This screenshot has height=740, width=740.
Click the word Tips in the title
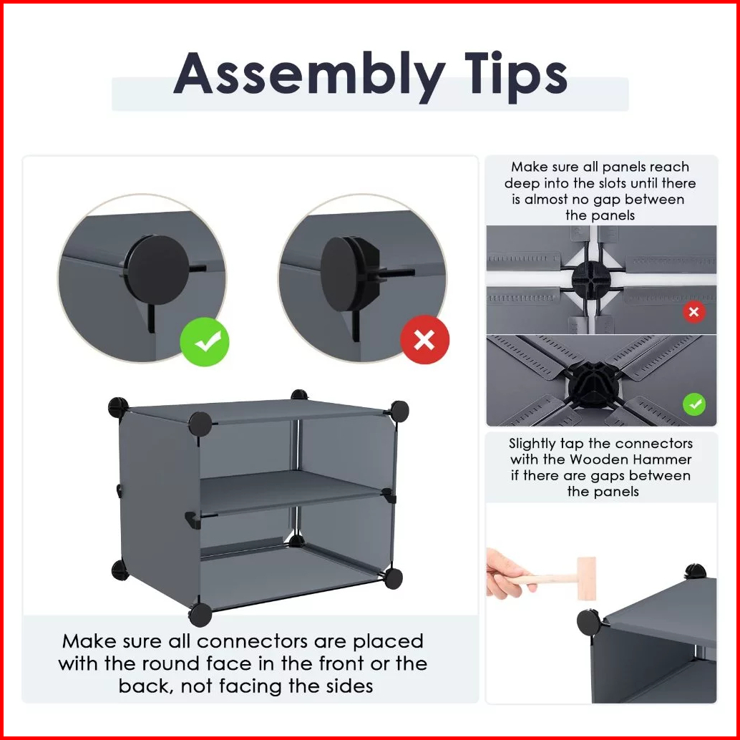(516, 76)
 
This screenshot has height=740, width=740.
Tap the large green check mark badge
(205, 341)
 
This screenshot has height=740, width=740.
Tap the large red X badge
(424, 340)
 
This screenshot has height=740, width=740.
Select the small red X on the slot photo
(693, 311)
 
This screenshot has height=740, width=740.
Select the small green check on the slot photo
(694, 404)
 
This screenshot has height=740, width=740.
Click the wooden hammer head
(587, 578)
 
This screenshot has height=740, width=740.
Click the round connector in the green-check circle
(158, 270)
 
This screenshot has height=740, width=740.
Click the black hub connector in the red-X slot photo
(591, 281)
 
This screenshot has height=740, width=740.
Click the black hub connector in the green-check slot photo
(593, 384)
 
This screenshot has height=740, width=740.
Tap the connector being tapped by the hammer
(590, 622)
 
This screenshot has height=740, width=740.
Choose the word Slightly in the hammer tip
(532, 444)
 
